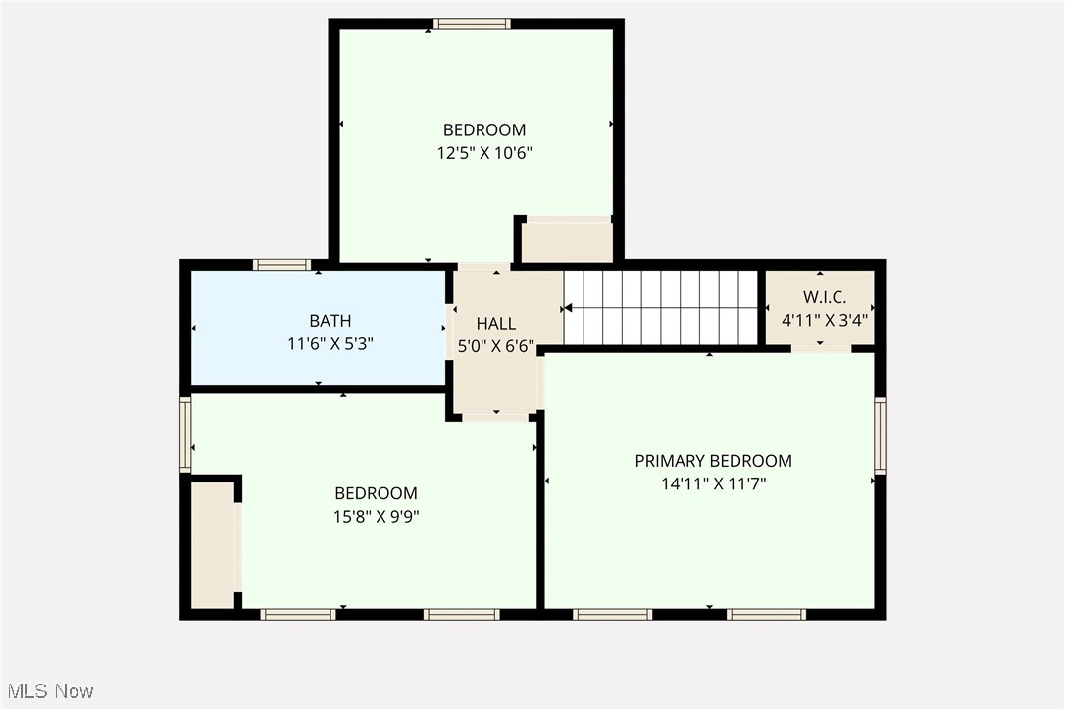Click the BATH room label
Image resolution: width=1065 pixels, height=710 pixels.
tap(330, 321)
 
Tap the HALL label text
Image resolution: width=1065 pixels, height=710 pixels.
tap(496, 324)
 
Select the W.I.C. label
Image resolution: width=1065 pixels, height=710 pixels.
tap(824, 297)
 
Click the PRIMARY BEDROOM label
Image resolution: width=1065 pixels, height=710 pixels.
tap(713, 461)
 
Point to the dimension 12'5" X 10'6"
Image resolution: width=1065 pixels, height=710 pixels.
tap(484, 153)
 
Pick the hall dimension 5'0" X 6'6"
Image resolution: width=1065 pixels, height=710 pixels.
tap(496, 345)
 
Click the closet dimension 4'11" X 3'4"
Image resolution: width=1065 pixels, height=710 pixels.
tap(824, 320)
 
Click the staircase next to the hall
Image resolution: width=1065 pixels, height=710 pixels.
tap(661, 307)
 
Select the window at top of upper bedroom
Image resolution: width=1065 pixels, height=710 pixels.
tap(472, 25)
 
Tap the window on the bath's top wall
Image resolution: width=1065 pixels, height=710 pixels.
tap(281, 264)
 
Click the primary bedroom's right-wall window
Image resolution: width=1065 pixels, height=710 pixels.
tap(880, 435)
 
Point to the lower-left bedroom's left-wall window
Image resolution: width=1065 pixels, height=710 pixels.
tap(185, 434)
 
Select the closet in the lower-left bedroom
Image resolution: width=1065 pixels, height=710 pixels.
tap(213, 545)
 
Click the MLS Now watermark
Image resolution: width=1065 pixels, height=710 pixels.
tap(47, 691)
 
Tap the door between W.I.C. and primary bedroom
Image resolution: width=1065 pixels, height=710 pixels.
tap(821, 347)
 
